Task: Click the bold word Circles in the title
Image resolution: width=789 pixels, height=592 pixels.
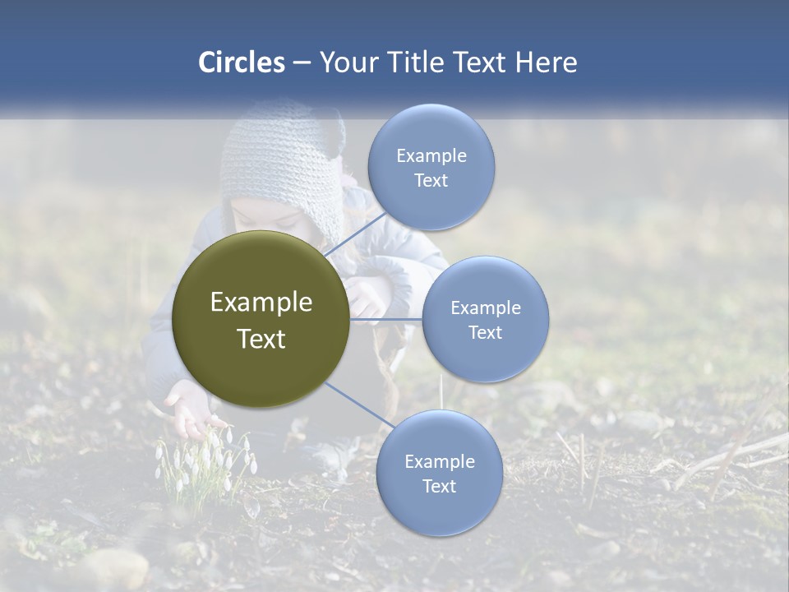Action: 242,62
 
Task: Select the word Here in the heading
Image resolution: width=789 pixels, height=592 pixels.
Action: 547,62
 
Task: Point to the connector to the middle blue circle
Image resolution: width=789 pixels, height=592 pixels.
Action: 386,319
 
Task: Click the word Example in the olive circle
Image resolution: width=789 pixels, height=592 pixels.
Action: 261,303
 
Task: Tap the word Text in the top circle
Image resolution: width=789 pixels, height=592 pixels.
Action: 431,181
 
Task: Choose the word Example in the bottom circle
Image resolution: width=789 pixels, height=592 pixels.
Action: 439,461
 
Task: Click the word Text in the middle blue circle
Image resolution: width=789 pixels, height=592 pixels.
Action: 485,333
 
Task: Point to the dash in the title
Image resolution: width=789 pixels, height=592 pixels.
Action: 302,62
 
